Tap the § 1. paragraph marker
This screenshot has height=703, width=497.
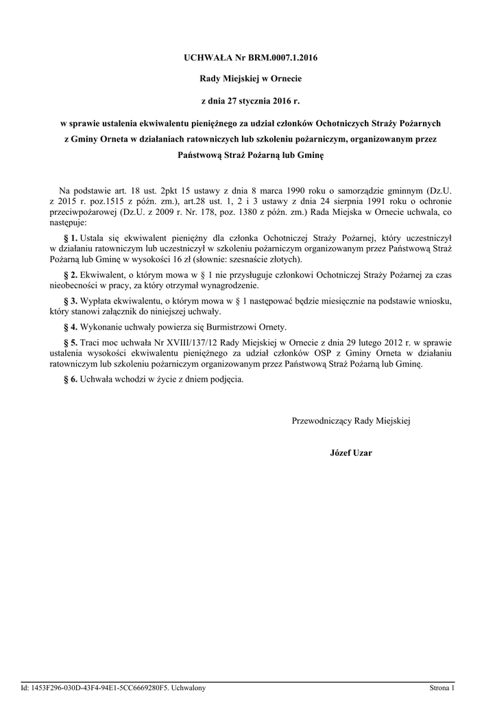tap(70, 237)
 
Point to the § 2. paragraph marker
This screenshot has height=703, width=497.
tap(70, 275)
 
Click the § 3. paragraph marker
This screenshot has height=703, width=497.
tap(70, 301)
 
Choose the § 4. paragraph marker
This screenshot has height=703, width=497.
tap(70, 327)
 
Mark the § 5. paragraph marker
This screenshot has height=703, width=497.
tap(70, 342)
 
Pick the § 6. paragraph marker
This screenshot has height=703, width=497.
tap(70, 379)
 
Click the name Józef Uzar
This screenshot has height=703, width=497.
tap(350, 453)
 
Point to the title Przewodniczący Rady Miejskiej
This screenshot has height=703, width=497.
tap(350, 420)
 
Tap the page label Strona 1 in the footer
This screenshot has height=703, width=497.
tap(442, 687)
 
